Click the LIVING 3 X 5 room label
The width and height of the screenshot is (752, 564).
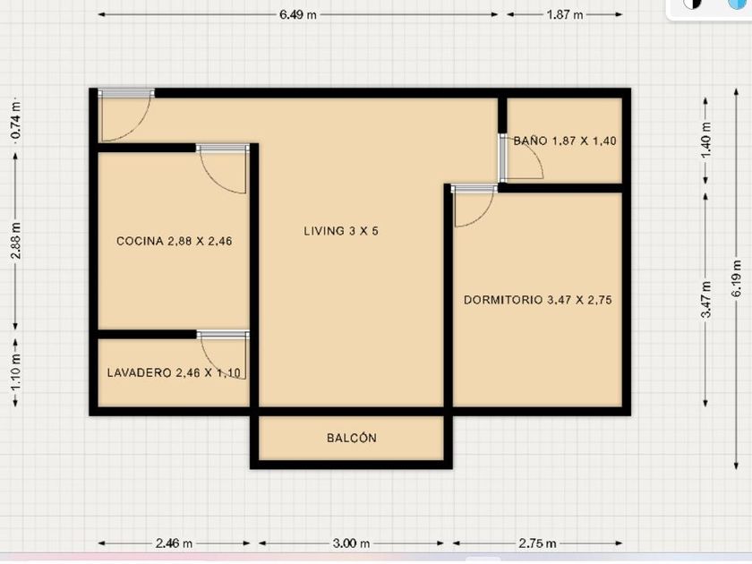pos(341,231)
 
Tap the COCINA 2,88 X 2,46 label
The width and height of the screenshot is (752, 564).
pos(174,241)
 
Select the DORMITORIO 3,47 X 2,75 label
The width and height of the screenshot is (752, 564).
pos(538,300)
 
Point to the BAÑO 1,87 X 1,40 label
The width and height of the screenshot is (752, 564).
pos(565,141)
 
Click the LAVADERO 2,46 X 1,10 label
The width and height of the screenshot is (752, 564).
pos(174,372)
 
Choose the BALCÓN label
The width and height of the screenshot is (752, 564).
pos(352,438)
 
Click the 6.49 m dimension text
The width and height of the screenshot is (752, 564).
pos(298,15)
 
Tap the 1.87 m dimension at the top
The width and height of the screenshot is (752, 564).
pos(565,15)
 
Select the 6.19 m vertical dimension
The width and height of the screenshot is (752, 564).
pos(737,278)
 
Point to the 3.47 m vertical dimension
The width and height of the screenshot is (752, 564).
pos(706,300)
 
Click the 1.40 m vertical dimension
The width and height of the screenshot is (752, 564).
pos(706,141)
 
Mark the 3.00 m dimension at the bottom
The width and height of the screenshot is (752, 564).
pos(351,543)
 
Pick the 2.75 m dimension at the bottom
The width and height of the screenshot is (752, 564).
pos(538,543)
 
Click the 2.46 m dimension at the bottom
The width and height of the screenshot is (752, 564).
pos(174,543)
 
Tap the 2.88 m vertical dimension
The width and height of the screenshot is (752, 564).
pos(16,241)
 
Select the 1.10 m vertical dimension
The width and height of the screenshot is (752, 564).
pos(16,372)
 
